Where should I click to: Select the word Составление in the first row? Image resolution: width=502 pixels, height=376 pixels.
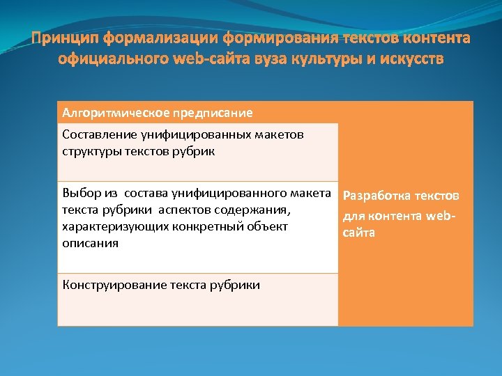click(x=97, y=134)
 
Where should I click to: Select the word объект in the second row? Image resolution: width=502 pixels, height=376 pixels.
click(x=268, y=226)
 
